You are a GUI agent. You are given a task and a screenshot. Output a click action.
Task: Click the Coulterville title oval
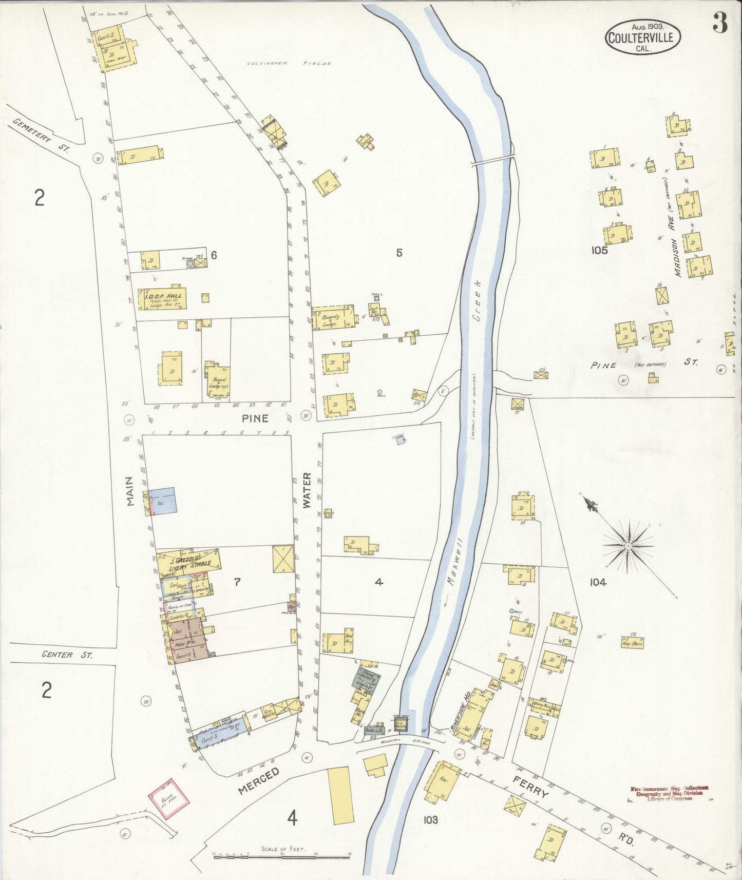pos(643,37)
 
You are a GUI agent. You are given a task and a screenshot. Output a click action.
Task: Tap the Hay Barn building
pos(632,642)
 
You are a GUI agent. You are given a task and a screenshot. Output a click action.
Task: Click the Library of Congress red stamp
pos(669,793)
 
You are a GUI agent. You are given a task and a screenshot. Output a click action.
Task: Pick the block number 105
pos(599,250)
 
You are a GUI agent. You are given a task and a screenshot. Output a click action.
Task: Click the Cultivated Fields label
pos(289,64)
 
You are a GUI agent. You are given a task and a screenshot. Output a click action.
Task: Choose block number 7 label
pos(237,582)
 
